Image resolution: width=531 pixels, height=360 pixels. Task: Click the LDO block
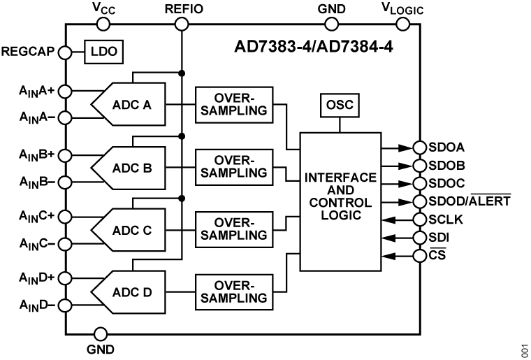103,52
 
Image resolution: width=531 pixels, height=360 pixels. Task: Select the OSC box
340,106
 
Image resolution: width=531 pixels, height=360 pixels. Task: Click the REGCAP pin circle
65,52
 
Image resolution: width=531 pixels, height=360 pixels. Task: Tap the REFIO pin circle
181,24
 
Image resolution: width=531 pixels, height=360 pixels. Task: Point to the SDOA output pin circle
420,147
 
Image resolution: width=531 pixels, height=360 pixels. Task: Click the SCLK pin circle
420,219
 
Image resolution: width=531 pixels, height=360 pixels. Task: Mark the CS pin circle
420,255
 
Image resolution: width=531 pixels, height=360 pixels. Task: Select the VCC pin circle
103,24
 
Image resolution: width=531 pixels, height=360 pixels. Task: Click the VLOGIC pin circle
402,24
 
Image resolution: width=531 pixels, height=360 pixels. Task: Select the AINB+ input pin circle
65,153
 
